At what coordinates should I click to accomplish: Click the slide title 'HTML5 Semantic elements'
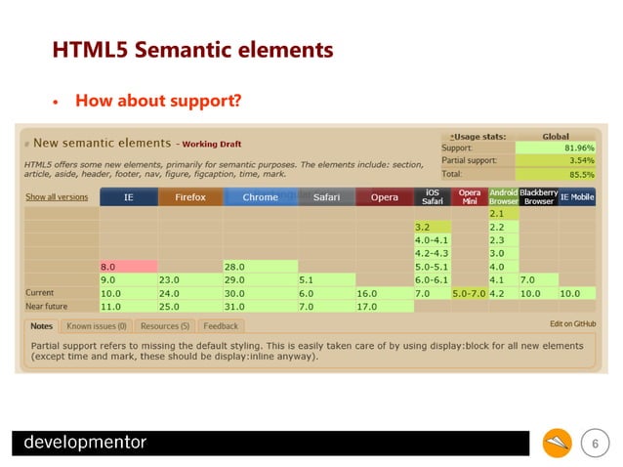point(192,49)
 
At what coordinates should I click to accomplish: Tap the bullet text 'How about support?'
point(158,101)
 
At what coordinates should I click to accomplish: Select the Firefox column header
point(189,197)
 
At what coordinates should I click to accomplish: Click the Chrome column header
point(259,197)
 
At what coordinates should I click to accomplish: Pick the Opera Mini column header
point(469,196)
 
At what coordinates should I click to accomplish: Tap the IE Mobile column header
point(576,197)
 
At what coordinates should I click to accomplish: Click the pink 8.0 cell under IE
point(127,266)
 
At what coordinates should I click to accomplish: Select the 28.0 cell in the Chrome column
point(258,266)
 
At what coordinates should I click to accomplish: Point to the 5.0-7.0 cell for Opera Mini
point(469,292)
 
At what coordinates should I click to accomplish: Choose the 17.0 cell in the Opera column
point(385,306)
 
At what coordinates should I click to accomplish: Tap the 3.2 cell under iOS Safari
point(433,226)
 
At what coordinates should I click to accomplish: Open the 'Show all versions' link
point(56,197)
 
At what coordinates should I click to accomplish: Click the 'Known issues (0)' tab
point(98,325)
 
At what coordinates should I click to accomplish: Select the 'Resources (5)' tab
point(165,325)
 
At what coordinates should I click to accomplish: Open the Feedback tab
point(221,325)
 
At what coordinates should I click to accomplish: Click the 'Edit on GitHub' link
point(572,323)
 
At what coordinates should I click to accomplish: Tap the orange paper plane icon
point(558,444)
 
